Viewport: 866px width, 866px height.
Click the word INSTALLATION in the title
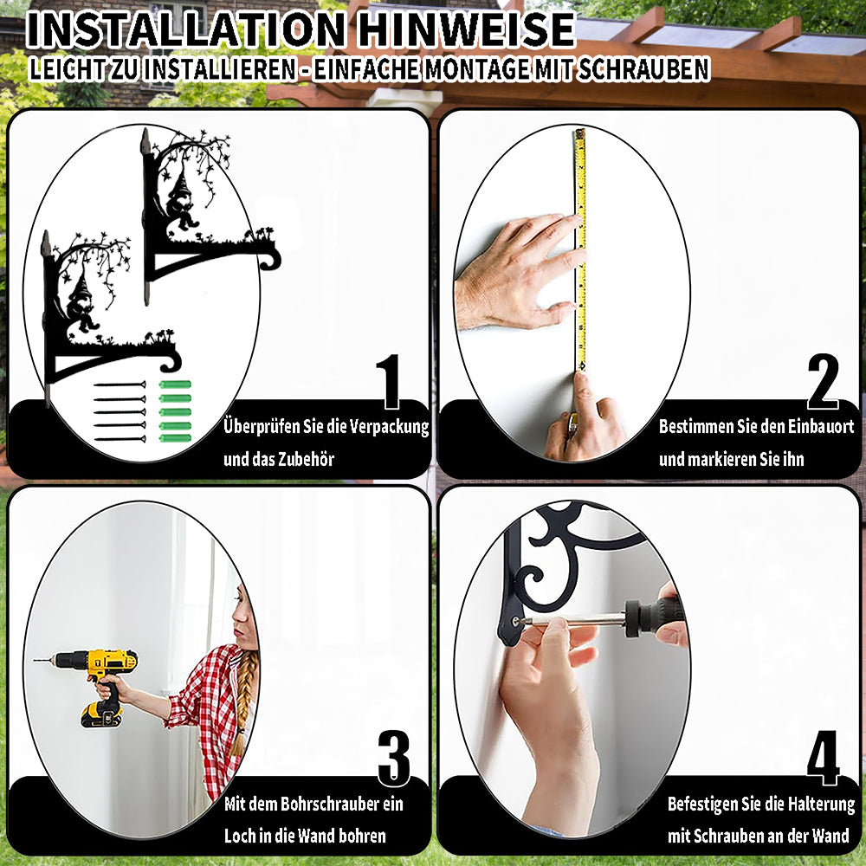(185, 29)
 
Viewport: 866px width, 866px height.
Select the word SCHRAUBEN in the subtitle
(643, 69)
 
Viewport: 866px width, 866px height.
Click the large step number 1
(389, 382)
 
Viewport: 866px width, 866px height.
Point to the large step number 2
(823, 382)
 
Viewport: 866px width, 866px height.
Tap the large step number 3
(394, 759)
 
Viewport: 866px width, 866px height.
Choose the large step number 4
(823, 758)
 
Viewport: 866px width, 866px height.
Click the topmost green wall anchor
(175, 385)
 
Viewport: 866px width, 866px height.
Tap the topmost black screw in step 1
(120, 385)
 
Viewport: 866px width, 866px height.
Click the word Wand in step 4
(831, 837)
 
